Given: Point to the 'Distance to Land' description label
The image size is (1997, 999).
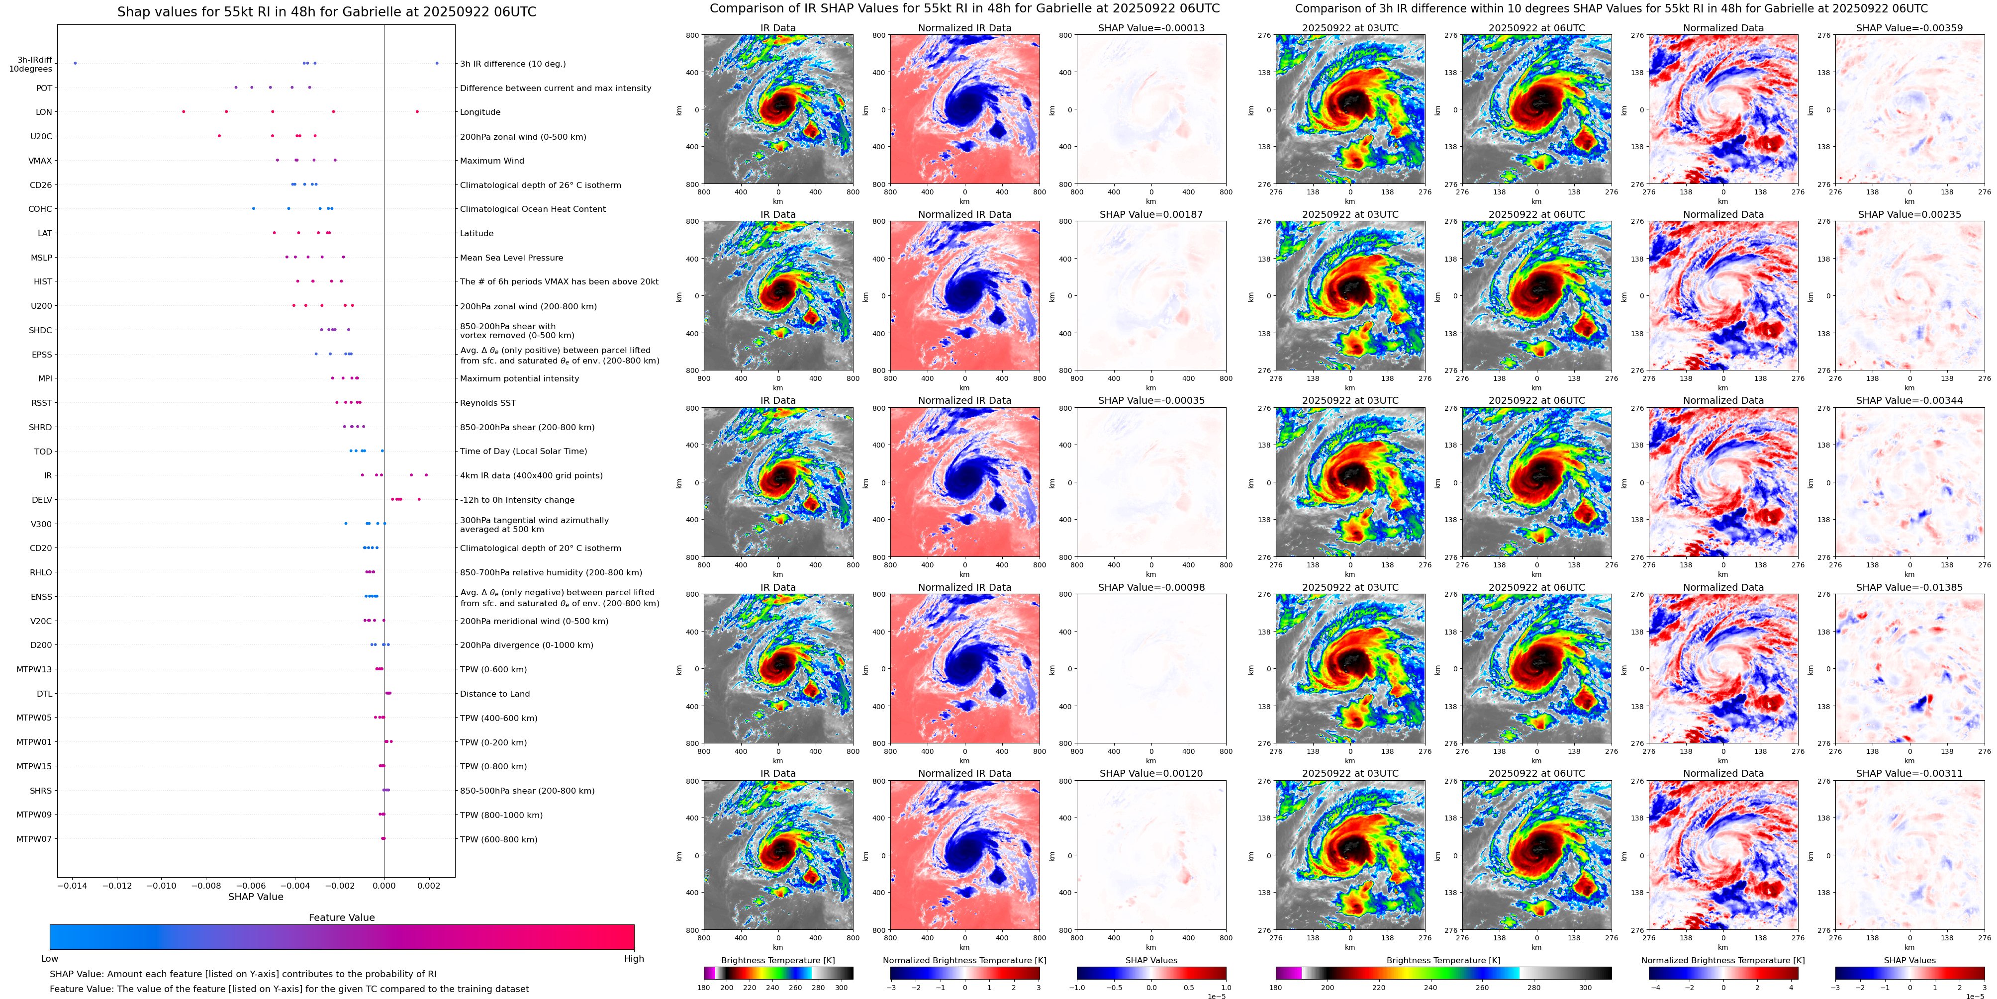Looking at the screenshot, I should tap(494, 694).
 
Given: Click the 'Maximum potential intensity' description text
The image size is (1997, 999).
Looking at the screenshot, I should tap(519, 379).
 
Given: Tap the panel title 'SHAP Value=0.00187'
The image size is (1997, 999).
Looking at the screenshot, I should tap(1150, 215).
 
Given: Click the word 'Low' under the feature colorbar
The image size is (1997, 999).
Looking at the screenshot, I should tap(50, 959).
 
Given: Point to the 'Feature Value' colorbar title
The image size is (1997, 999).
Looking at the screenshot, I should tap(341, 917).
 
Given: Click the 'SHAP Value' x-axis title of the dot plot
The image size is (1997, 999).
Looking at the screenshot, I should tap(256, 897).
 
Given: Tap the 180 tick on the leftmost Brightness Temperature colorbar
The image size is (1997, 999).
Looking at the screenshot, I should tap(704, 988).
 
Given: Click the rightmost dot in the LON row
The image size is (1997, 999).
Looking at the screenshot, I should tap(417, 111).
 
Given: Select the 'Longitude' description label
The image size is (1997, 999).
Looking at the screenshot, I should tap(480, 112).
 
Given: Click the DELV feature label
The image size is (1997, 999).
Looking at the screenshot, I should tap(42, 500).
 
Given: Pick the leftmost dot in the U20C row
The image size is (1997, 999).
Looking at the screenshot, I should tap(219, 136).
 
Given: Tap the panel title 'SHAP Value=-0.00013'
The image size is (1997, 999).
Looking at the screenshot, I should tap(1150, 28).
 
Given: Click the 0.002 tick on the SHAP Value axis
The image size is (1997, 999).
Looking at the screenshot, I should tap(429, 885).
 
